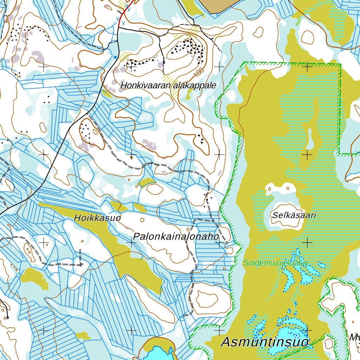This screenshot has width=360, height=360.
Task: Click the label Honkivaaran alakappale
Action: coord(168,85)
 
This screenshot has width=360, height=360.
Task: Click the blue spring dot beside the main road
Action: coord(115,57)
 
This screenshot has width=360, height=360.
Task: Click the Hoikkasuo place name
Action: coord(97,218)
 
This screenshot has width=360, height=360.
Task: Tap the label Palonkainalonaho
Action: coord(176,237)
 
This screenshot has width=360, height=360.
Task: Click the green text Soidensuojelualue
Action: coord(277,263)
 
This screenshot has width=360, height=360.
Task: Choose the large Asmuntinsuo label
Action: coord(265,342)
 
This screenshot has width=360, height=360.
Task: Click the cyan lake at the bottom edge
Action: coord(157,353)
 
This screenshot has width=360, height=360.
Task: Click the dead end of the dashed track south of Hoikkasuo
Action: coord(81,264)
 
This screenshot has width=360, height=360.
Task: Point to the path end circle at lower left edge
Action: coord(7,317)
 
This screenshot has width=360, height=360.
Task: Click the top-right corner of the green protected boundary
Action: coord(340,65)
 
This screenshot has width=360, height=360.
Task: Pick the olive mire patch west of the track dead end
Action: coord(33,278)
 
